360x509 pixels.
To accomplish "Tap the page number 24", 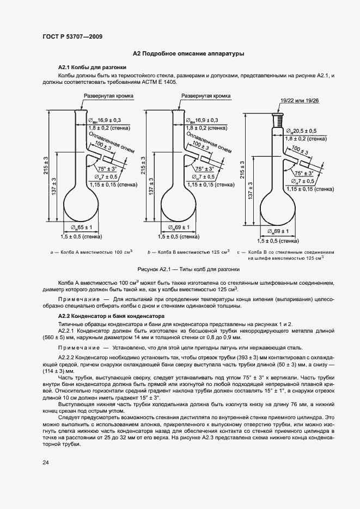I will pyautogui.click(x=45, y=463).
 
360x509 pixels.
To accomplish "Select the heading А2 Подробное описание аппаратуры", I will pyautogui.click(x=188, y=54).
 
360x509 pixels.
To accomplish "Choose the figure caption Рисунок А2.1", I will pyautogui.click(x=188, y=269).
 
